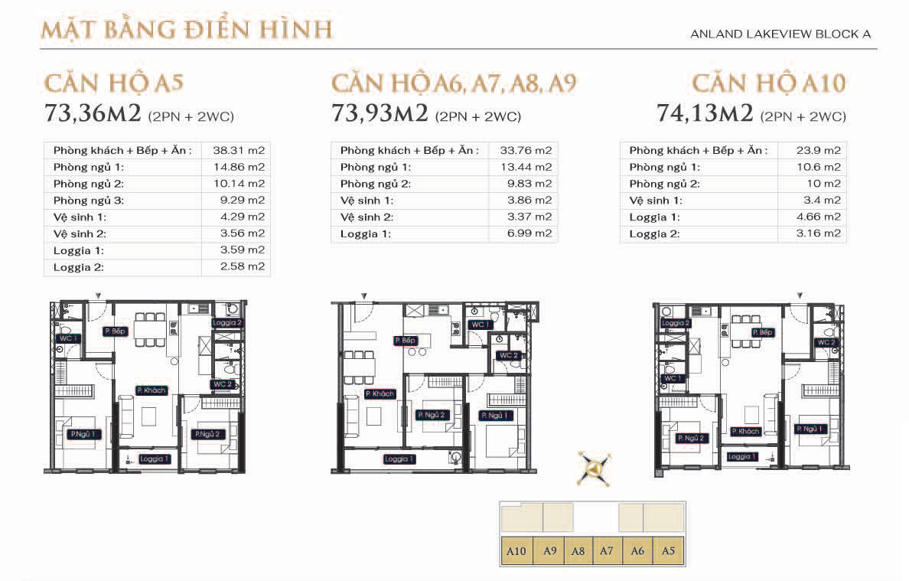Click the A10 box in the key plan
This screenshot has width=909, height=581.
coord(516,550)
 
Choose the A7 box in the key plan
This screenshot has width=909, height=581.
coord(607,550)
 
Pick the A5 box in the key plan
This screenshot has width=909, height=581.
coord(668,550)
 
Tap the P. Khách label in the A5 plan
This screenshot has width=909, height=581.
coord(151,390)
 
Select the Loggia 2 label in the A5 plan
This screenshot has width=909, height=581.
coord(227,323)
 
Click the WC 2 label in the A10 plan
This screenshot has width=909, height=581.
coord(826,342)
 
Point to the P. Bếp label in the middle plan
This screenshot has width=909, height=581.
coord(406,340)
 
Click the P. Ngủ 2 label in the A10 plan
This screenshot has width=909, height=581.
coord(692,439)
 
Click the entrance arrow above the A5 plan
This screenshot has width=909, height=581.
coord(98,296)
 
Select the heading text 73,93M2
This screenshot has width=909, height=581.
coord(380,114)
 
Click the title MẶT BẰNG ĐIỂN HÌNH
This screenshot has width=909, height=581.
coord(187,30)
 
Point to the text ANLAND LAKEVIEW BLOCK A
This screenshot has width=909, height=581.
coord(780,34)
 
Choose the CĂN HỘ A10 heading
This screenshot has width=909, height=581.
coord(769,83)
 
